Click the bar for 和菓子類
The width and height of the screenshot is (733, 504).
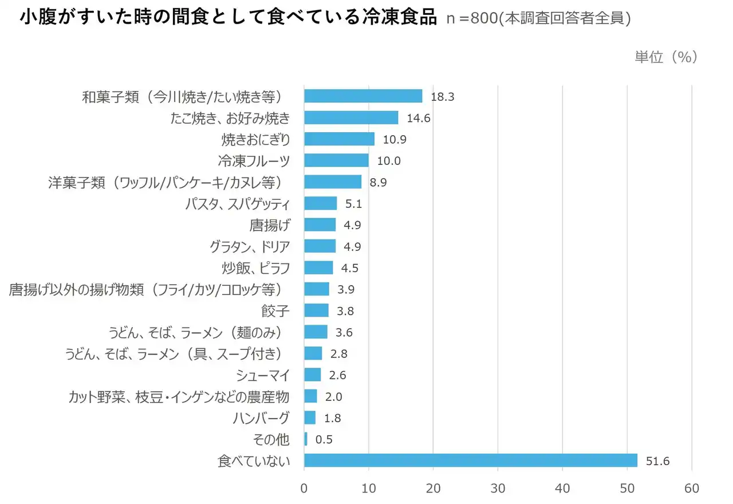[x=363, y=96]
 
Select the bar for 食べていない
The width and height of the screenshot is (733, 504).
[x=470, y=460]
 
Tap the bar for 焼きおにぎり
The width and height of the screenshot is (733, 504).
[x=339, y=139]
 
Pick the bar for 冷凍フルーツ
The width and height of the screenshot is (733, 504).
[x=336, y=160]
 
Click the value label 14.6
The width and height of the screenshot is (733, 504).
[x=418, y=119]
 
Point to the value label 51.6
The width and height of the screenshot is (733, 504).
[x=658, y=461]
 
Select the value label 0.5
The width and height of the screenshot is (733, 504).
[x=324, y=440]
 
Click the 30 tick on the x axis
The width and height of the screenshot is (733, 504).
[x=498, y=489]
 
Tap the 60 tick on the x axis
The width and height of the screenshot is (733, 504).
[x=692, y=489]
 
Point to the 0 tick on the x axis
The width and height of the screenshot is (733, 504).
[x=304, y=489]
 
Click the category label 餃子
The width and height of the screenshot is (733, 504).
[x=275, y=311]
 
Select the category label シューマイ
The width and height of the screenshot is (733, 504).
[x=263, y=375]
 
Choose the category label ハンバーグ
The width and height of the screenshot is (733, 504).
[x=261, y=418]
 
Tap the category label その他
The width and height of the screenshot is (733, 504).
[x=271, y=440]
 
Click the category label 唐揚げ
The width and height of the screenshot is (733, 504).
[x=270, y=225]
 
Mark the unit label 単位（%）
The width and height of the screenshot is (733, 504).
[x=665, y=57]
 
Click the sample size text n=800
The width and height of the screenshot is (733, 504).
[x=471, y=19]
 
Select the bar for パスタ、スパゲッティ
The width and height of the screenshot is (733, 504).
[x=320, y=203]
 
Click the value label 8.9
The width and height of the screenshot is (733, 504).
[x=379, y=183]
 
